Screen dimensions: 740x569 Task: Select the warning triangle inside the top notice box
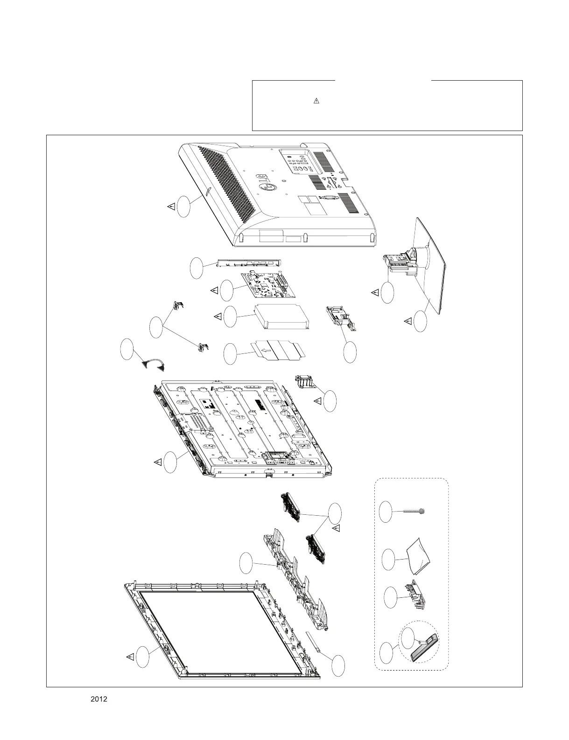(316, 101)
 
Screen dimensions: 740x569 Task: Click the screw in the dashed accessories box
(413, 512)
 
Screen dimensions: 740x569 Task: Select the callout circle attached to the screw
(386, 512)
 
